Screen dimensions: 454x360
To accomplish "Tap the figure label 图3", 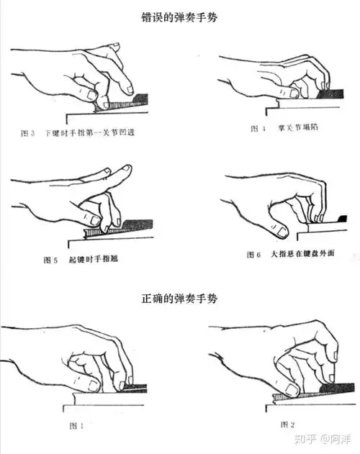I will [28, 134].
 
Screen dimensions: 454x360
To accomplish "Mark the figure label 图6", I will [250, 253].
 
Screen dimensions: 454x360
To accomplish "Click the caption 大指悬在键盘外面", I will [303, 253].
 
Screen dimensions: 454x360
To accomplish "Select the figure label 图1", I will [75, 425].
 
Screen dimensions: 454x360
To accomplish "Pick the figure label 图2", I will [285, 423].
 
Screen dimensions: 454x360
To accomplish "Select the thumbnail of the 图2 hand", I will [291, 390].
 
